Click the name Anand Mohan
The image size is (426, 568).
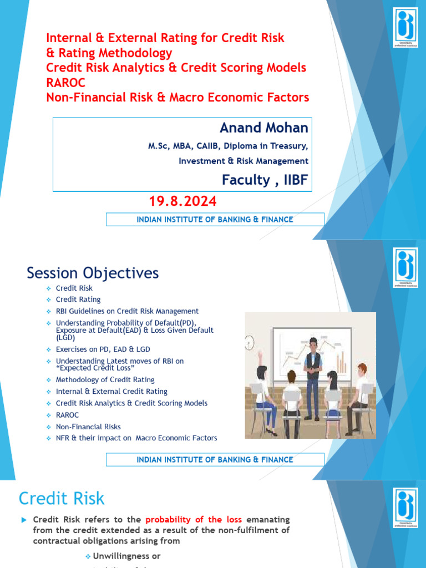pos(263,128)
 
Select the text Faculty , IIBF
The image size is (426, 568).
pos(265,180)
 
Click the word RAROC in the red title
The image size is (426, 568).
pos(63,83)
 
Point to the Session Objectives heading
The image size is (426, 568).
pos(93,273)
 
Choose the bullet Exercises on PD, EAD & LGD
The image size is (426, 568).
pos(103,349)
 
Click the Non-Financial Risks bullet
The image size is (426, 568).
pos(88,427)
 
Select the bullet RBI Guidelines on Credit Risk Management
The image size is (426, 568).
pos(127,311)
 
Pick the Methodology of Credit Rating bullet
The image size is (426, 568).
pos(105,379)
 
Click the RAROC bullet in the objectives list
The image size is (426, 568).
pos(67,415)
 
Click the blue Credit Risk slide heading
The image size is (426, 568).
pos(62,498)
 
